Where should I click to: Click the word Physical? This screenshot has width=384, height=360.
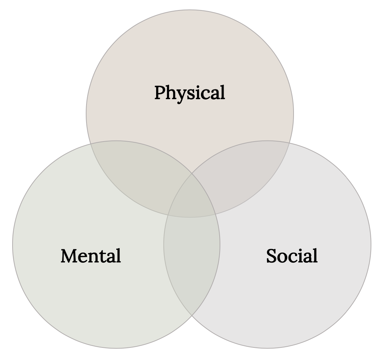coord(189,93)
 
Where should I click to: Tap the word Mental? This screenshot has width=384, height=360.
coord(91,256)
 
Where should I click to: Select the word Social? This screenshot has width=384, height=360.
coord(292,256)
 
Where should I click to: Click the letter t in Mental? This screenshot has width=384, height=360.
coord(106,256)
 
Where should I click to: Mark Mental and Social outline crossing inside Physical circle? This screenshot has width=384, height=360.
coord(192,174)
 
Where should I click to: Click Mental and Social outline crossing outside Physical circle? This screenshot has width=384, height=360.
coord(192,315)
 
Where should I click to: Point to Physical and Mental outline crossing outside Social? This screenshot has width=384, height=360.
coord(90,144)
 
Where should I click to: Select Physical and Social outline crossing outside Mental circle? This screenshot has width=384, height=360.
coord(289,144)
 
